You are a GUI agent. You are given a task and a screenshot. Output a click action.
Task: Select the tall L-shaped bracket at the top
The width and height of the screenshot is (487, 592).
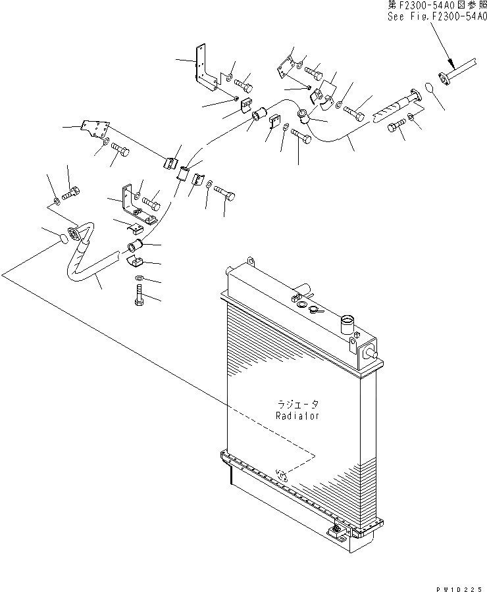point(204,69)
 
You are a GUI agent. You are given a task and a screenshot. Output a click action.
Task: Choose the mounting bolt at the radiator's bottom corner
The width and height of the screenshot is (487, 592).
point(336,528)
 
